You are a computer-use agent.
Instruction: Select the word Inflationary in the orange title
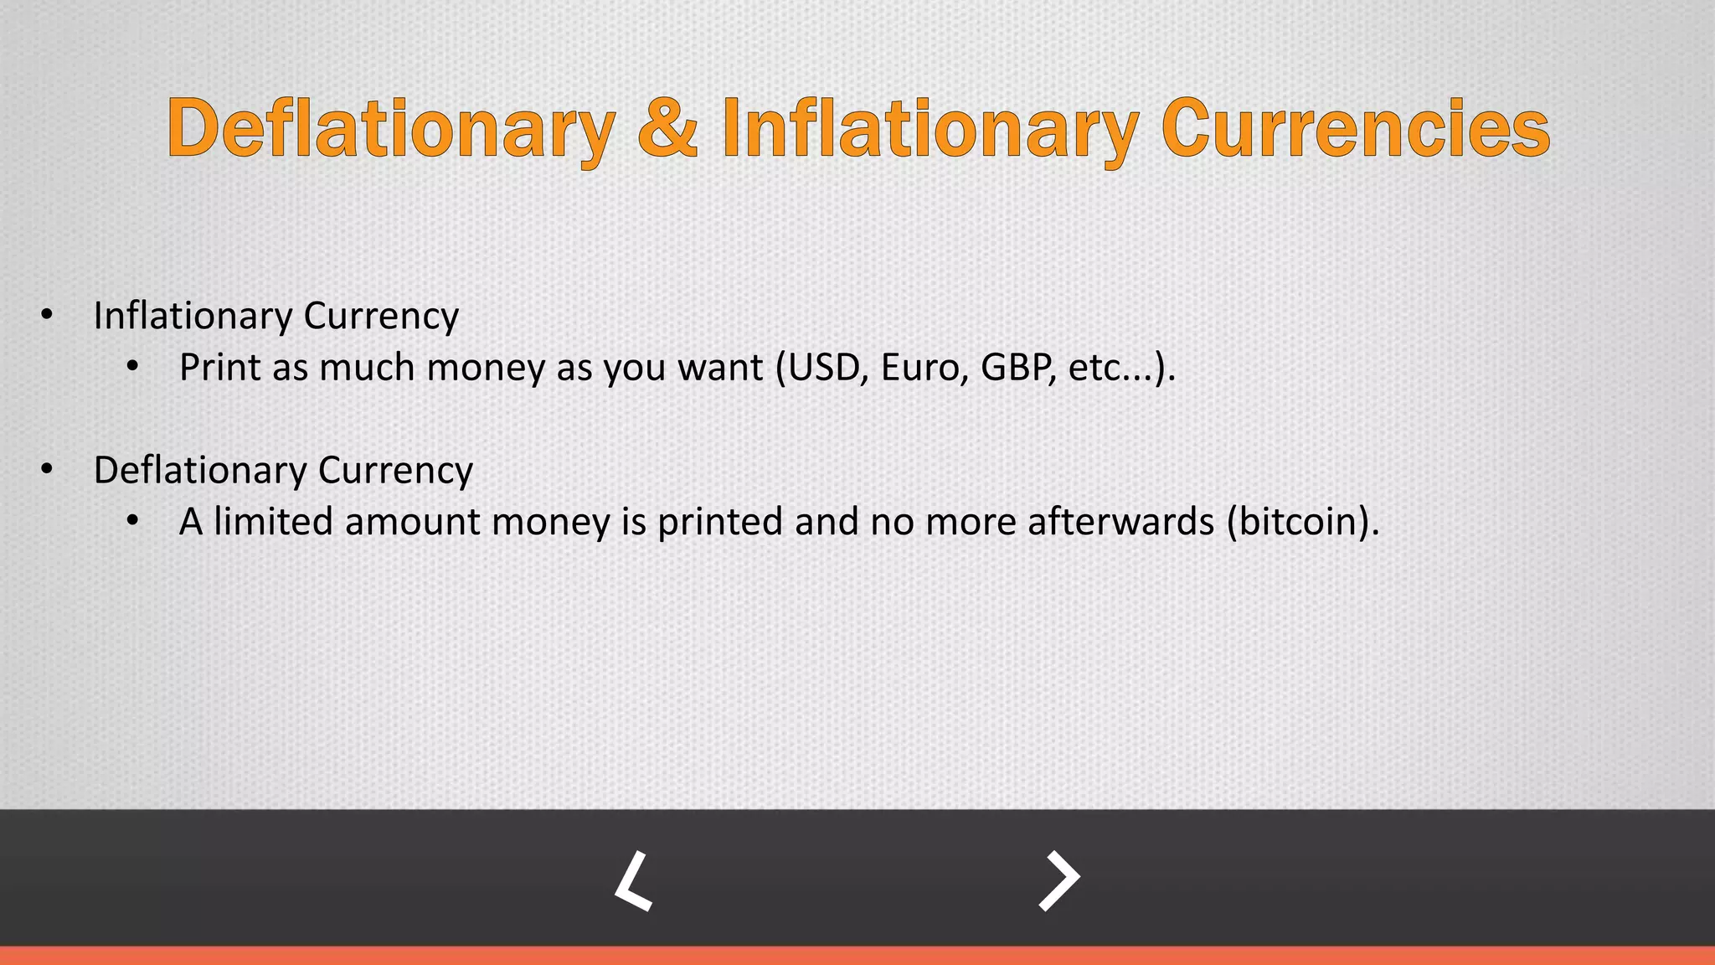(930, 130)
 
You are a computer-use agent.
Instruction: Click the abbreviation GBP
(1017, 368)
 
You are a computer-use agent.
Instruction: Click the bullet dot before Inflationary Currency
(47, 316)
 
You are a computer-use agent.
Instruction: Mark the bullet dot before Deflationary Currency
(47, 470)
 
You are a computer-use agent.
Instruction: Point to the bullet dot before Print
(132, 368)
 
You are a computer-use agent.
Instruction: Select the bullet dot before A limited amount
(132, 522)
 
